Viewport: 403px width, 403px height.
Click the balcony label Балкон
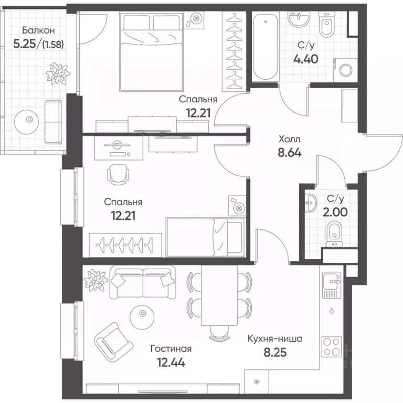(38, 30)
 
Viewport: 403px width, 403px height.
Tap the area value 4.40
(306, 59)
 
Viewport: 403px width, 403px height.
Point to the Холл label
(290, 139)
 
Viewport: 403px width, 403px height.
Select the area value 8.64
(290, 153)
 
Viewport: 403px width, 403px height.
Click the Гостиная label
(171, 349)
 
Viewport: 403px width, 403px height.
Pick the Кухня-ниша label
(275, 338)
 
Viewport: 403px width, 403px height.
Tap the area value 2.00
(335, 213)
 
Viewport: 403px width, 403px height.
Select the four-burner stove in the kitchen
(332, 347)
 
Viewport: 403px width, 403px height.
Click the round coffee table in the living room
(142, 314)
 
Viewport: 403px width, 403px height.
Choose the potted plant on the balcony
(58, 73)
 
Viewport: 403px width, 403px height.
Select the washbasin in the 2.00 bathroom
(311, 203)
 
